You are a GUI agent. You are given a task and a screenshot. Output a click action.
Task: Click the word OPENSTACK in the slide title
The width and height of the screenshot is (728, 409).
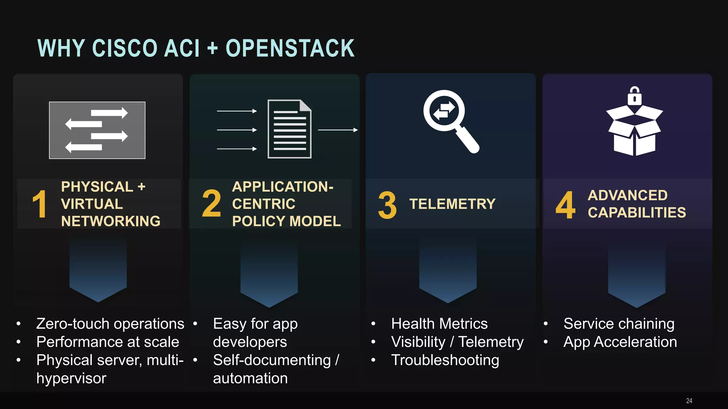pyautogui.click(x=290, y=48)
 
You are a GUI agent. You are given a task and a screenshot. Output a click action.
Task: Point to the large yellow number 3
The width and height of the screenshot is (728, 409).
pyautogui.click(x=387, y=205)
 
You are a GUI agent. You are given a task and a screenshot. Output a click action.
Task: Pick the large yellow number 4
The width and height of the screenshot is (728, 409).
pyautogui.click(x=565, y=205)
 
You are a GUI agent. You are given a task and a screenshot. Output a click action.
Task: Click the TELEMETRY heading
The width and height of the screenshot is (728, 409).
pyautogui.click(x=452, y=204)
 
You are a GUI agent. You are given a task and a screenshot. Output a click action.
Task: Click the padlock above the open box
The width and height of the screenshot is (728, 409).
pyautogui.click(x=635, y=96)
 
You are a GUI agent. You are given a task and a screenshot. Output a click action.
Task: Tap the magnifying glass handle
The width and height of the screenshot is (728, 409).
pyautogui.click(x=467, y=141)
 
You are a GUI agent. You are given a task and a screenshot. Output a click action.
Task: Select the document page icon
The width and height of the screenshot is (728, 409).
pyautogui.click(x=289, y=129)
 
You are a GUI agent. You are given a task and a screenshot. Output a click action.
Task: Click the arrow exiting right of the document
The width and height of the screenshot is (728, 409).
pyautogui.click(x=338, y=130)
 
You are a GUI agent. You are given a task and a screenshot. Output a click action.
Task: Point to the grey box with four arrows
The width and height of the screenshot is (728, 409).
pyautogui.click(x=97, y=130)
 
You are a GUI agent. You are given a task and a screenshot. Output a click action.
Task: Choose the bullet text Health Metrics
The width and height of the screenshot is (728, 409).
pyautogui.click(x=439, y=324)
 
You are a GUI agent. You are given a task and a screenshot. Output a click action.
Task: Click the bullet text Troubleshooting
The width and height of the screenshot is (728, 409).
pyautogui.click(x=445, y=360)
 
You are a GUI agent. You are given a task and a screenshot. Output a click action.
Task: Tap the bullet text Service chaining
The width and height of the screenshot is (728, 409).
pyautogui.click(x=619, y=324)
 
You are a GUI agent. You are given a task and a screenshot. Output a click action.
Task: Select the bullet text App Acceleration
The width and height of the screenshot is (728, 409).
pyautogui.click(x=620, y=342)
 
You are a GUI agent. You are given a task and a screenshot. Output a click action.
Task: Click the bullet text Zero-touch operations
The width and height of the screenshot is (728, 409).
pyautogui.click(x=110, y=324)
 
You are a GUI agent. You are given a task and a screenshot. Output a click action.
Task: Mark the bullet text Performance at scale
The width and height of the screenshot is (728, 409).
pyautogui.click(x=108, y=342)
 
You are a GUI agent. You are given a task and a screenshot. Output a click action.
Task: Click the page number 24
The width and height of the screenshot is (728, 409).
pyautogui.click(x=689, y=401)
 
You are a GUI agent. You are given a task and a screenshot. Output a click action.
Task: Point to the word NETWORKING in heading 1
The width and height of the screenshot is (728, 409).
pyautogui.click(x=111, y=221)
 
